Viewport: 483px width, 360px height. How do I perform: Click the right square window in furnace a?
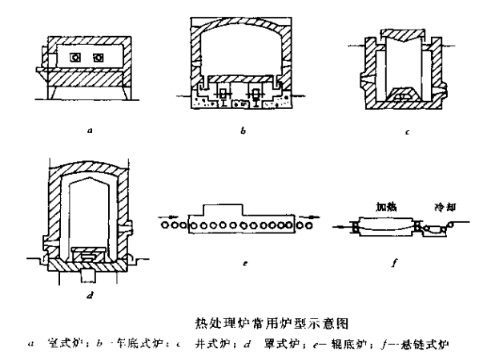99,58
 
